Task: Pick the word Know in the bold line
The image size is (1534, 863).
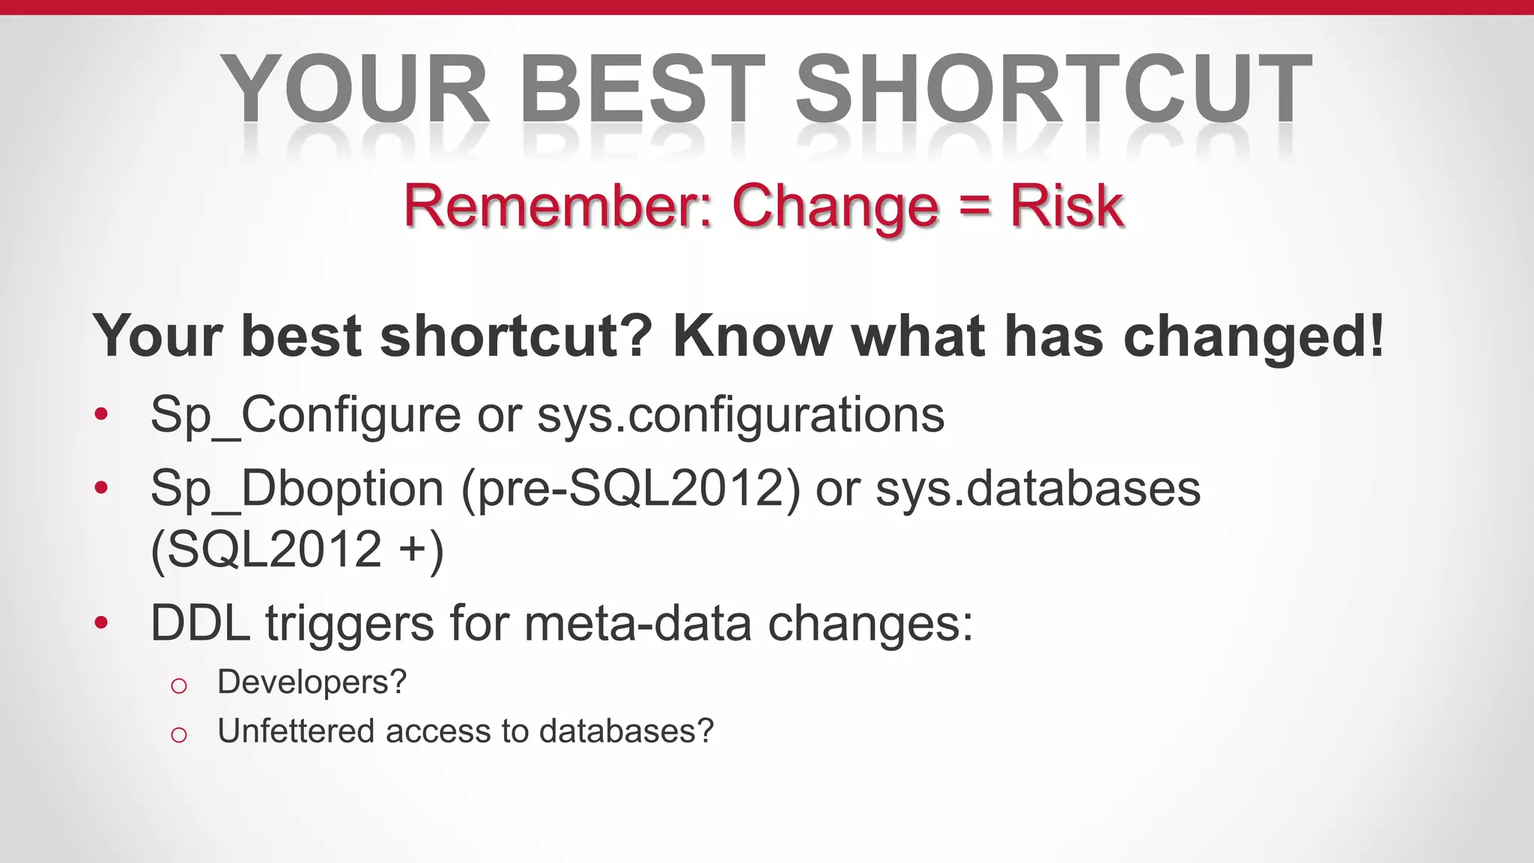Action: point(753,336)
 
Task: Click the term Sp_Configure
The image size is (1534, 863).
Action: point(306,415)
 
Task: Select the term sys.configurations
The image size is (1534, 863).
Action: point(741,415)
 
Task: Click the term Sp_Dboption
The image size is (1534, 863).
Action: point(297,488)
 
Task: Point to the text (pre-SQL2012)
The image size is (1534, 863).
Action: point(631,489)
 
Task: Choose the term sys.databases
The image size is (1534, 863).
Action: point(1038,488)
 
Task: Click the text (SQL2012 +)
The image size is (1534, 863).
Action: point(297,550)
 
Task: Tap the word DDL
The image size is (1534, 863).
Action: point(200,623)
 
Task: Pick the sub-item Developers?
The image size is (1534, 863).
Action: point(312,682)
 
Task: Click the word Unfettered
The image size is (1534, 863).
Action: point(295,731)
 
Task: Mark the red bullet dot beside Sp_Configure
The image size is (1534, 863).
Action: point(102,414)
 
